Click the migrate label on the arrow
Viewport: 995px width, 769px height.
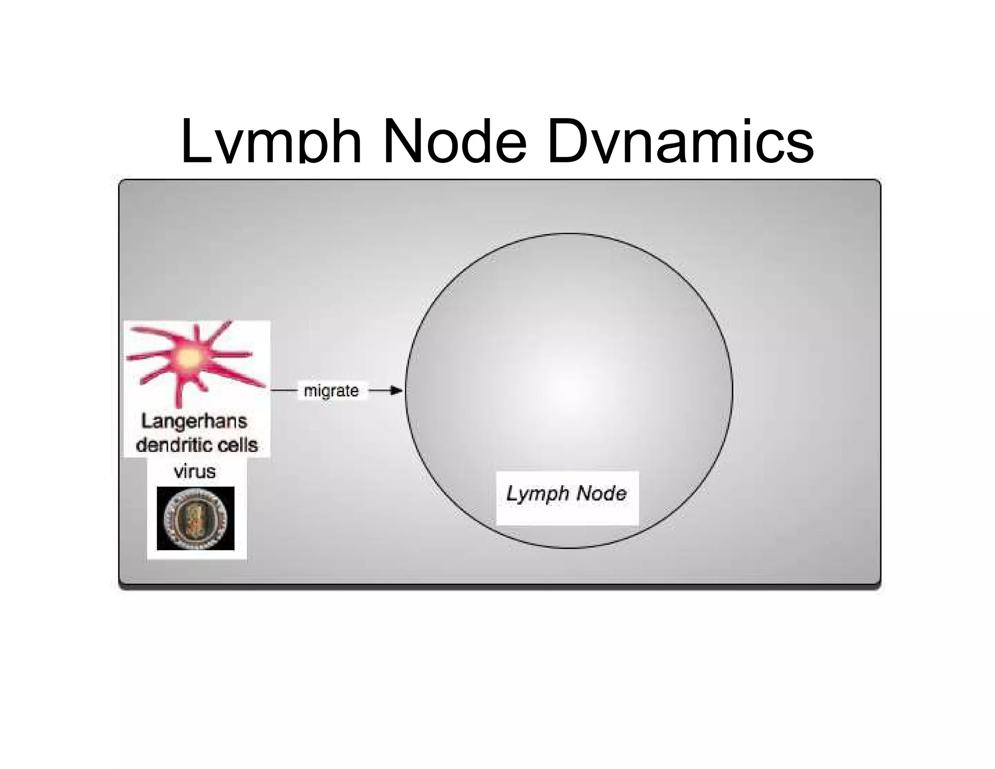click(x=331, y=391)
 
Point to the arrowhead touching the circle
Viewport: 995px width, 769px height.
click(x=397, y=391)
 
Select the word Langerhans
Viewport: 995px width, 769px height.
click(x=194, y=421)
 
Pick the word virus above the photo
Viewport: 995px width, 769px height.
click(x=194, y=471)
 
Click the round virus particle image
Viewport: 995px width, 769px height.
click(x=195, y=518)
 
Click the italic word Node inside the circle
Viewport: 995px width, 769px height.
click(x=600, y=494)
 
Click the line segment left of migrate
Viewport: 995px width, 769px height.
click(x=284, y=391)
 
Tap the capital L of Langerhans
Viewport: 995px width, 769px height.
click(x=146, y=421)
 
